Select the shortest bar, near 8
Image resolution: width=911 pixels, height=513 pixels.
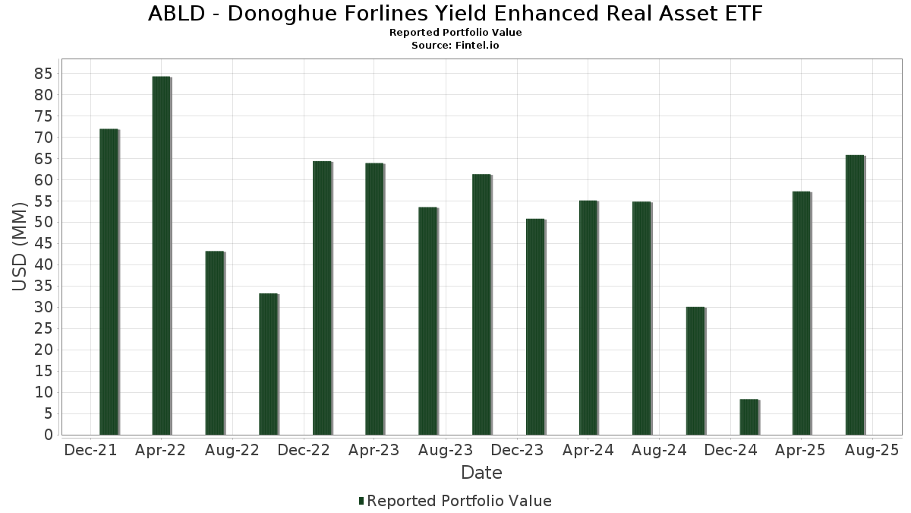point(749,417)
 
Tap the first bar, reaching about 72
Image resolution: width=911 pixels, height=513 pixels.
point(109,282)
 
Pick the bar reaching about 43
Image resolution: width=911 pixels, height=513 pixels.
point(215,343)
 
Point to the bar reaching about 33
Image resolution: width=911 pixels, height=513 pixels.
point(268,364)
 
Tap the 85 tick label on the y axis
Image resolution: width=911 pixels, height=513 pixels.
point(43,74)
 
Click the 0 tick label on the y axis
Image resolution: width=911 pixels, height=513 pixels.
point(48,435)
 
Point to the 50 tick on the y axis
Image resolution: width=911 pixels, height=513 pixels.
point(43,223)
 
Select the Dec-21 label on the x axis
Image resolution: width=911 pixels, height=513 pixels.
point(90,450)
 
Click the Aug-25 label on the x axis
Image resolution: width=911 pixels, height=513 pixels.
point(871,450)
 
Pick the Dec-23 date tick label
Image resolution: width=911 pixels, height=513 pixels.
point(516,450)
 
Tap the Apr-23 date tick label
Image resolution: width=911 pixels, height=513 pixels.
point(374,450)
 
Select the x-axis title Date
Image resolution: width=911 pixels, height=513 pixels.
point(481,473)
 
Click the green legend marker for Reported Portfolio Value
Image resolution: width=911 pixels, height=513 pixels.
point(361,501)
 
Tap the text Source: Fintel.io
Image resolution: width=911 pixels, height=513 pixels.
point(455,45)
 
